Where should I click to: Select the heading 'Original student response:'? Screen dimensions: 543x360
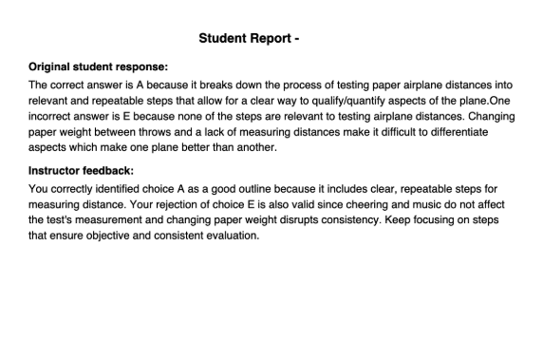[99, 67]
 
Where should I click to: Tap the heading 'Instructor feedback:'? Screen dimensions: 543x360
[82, 170]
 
